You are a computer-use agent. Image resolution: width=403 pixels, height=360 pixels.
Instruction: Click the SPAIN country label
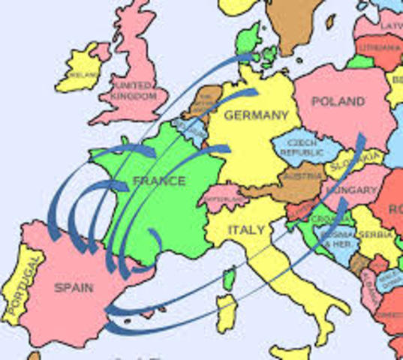point(74,286)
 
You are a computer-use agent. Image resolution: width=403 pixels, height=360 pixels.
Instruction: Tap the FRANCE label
point(158,181)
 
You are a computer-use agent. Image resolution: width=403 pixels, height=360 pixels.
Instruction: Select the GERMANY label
point(256,115)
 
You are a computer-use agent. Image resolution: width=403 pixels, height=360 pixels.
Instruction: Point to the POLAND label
point(338,100)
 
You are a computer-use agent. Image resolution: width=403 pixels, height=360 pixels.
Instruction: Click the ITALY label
point(245,229)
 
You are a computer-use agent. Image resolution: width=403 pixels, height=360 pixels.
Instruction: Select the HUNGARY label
point(350,190)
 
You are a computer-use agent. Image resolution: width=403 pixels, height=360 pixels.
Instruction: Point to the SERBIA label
point(374,234)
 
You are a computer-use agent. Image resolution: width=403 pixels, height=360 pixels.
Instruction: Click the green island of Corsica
point(230,280)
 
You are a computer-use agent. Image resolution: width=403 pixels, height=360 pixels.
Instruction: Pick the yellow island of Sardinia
point(225,312)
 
